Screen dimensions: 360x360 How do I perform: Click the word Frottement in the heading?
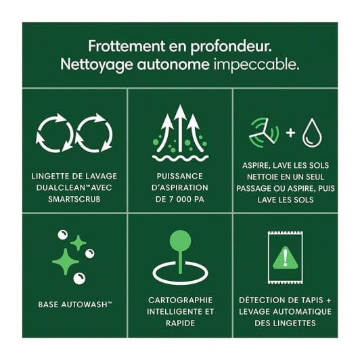coord(127,46)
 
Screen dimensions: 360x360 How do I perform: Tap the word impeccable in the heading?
coord(256,65)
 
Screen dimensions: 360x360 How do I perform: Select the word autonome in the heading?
coord(173,65)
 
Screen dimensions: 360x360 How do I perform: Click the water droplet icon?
coord(312,133)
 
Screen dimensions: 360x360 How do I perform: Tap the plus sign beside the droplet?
coord(290,133)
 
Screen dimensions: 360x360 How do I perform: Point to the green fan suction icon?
coord(264,133)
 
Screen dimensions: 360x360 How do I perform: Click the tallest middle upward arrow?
coord(180,128)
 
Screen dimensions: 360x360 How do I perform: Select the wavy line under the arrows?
coord(180,158)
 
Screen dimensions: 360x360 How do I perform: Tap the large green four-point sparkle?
coord(66,262)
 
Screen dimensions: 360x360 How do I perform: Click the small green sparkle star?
coord(78,243)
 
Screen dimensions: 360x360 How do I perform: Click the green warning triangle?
coord(286,258)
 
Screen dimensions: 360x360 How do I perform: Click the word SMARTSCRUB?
coord(74,199)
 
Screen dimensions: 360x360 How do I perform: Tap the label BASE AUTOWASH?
coord(75,305)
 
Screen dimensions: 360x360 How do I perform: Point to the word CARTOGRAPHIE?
coord(180,300)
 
